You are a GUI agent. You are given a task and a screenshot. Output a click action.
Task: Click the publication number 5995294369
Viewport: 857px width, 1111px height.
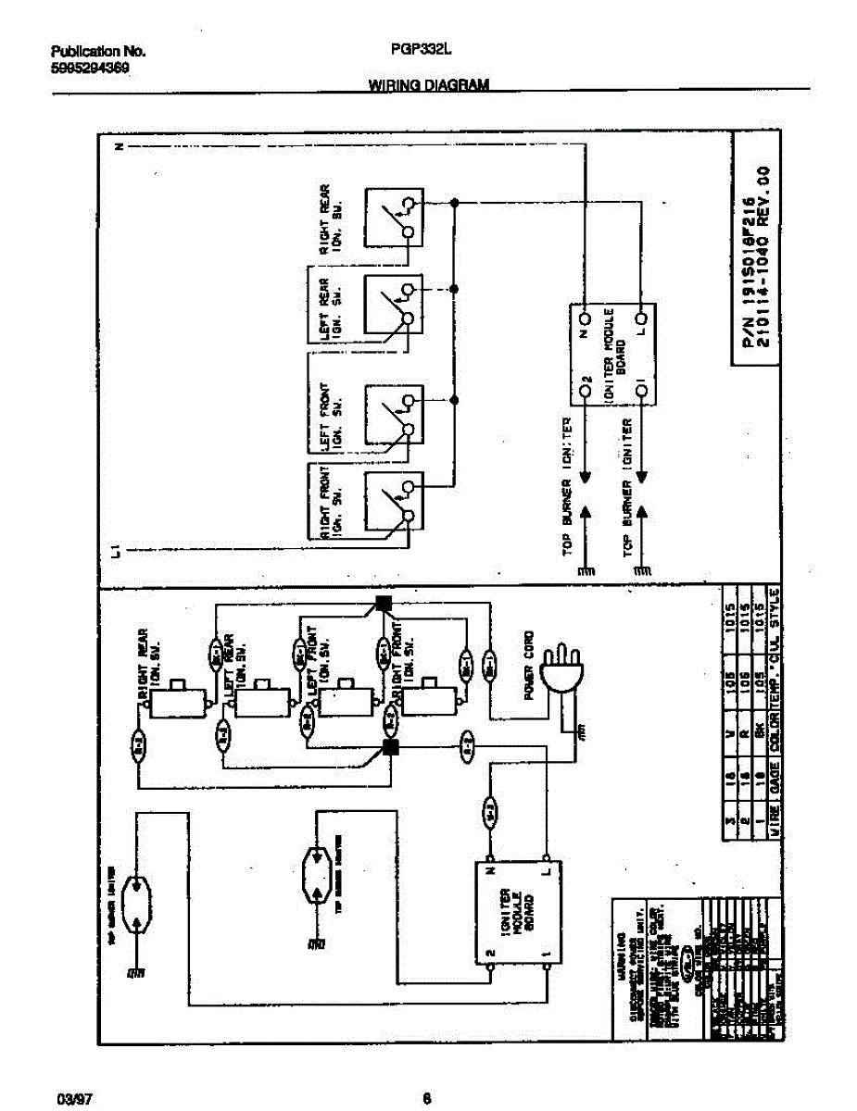[89, 68]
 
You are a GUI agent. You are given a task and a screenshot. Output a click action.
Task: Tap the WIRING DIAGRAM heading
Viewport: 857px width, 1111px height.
[429, 85]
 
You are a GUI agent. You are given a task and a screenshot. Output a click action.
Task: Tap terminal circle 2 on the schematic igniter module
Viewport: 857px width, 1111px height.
[586, 393]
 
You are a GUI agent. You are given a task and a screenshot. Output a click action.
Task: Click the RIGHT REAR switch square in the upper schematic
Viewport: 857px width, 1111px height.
[391, 217]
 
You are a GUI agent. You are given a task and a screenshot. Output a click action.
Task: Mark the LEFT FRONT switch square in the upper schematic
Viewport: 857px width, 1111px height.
[391, 414]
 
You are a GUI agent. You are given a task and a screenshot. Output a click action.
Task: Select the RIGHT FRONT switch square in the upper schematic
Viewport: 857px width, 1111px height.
[391, 502]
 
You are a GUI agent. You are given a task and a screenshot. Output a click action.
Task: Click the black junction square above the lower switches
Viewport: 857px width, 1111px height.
[384, 605]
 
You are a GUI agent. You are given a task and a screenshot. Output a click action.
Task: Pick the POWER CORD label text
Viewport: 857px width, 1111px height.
[529, 666]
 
